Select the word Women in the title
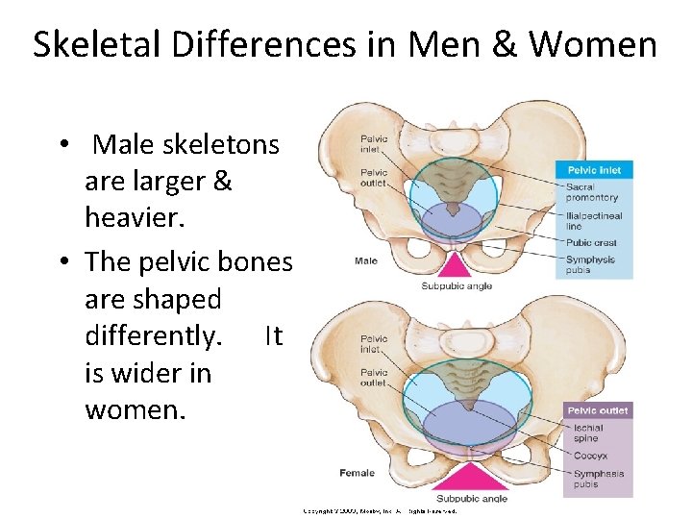pos(593,44)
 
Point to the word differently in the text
pos(154,335)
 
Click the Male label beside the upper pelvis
pos(365,260)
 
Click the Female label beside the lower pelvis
pos(357,473)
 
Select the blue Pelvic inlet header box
pos(594,170)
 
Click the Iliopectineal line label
pos(594,221)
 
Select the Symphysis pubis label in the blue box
pos(591,264)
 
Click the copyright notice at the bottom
pos(380,511)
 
